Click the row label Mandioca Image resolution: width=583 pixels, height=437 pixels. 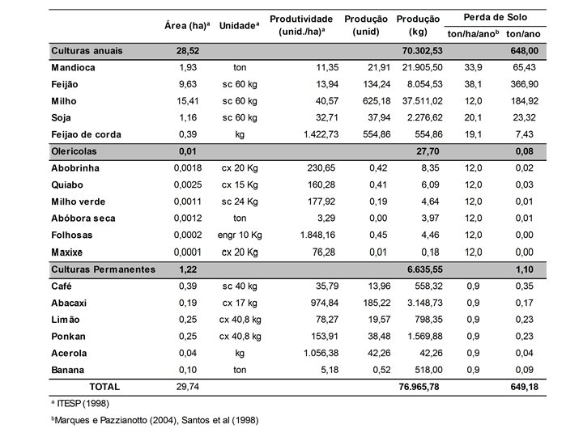pos(73,68)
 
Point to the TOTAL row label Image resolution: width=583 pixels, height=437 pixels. pos(109,387)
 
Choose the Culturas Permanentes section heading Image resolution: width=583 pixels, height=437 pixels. pos(102,269)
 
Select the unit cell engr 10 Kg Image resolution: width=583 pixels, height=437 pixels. pos(240,235)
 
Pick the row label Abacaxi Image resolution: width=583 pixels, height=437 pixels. pos(70,303)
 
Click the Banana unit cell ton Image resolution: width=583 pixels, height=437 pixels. pos(240,370)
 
